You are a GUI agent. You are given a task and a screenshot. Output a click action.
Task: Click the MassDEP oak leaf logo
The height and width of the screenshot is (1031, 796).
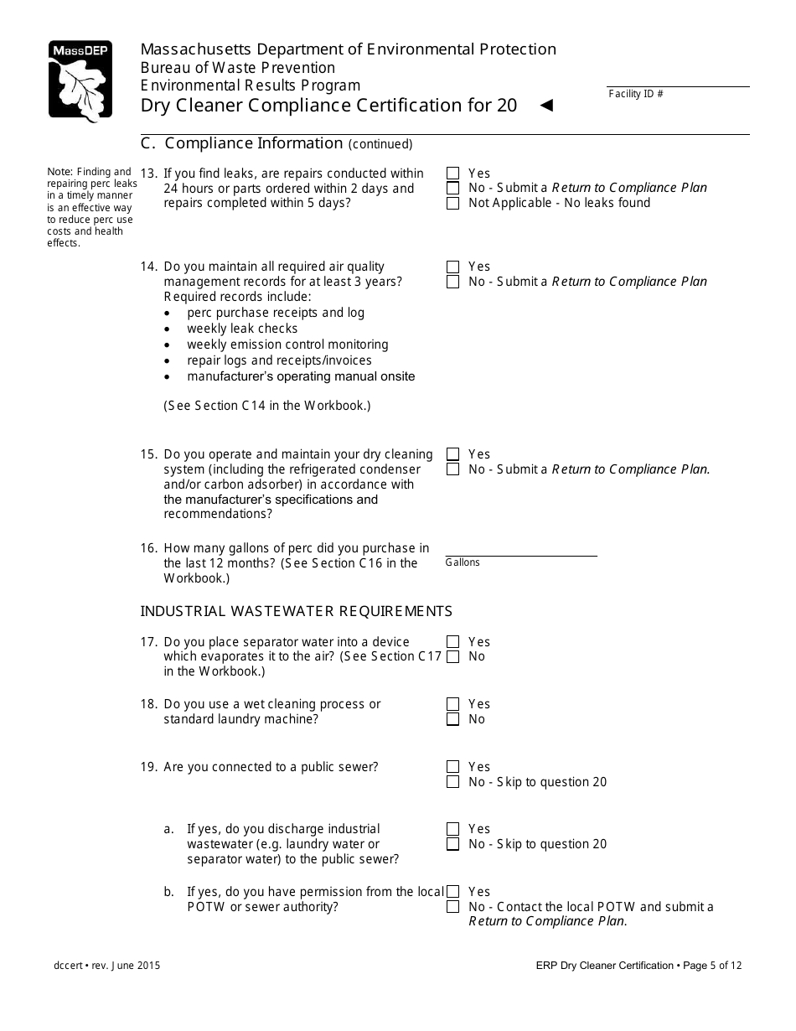pos(80,81)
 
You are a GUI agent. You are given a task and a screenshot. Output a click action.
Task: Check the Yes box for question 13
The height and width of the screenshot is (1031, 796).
pos(453,174)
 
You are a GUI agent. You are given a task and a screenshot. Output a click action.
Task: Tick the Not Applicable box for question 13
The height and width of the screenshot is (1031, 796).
pos(453,203)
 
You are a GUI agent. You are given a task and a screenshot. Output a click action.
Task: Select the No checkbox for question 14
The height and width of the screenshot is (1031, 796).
pos(453,282)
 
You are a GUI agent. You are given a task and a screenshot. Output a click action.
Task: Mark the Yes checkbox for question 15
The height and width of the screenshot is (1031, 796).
pos(453,454)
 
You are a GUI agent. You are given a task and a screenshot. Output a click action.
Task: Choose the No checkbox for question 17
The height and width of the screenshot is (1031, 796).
pos(453,656)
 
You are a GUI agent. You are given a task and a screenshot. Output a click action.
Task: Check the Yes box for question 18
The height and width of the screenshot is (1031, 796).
pos(453,704)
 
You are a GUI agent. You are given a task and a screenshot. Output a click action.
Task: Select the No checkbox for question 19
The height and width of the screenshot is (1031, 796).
pos(453,782)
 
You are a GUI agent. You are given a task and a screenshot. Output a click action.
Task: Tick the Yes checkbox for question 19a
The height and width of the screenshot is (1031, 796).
pos(453,829)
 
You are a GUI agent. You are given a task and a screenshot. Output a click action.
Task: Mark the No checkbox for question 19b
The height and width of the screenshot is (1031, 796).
pos(453,907)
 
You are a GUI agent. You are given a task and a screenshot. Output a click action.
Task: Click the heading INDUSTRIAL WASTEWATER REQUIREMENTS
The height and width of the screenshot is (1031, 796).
pos(296,611)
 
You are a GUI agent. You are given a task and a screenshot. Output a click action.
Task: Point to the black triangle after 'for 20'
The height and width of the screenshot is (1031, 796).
pos(546,106)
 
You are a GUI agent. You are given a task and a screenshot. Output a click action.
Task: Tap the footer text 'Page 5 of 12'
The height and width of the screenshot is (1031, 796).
pos(712,966)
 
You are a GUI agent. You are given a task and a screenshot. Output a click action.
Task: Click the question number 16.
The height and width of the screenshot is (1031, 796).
pos(148,548)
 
